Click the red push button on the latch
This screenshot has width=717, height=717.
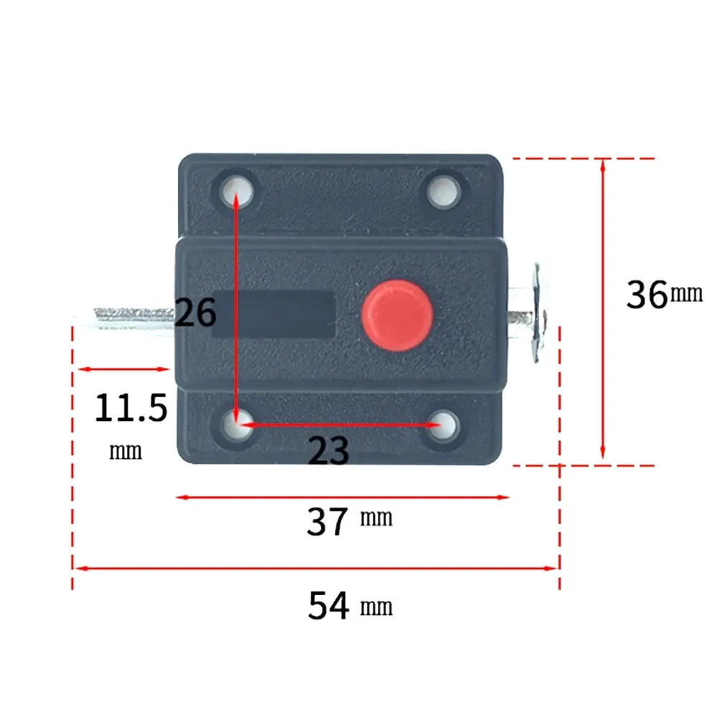point(394,315)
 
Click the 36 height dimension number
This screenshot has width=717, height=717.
point(647,295)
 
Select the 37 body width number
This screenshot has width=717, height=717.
point(327,522)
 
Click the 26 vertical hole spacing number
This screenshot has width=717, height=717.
point(195,313)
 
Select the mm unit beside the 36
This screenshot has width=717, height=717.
point(687,293)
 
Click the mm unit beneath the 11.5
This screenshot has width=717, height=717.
point(125,452)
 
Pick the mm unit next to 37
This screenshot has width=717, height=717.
point(376,518)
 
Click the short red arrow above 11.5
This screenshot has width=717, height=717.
point(123,369)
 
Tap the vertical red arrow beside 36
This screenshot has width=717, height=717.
point(603,308)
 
